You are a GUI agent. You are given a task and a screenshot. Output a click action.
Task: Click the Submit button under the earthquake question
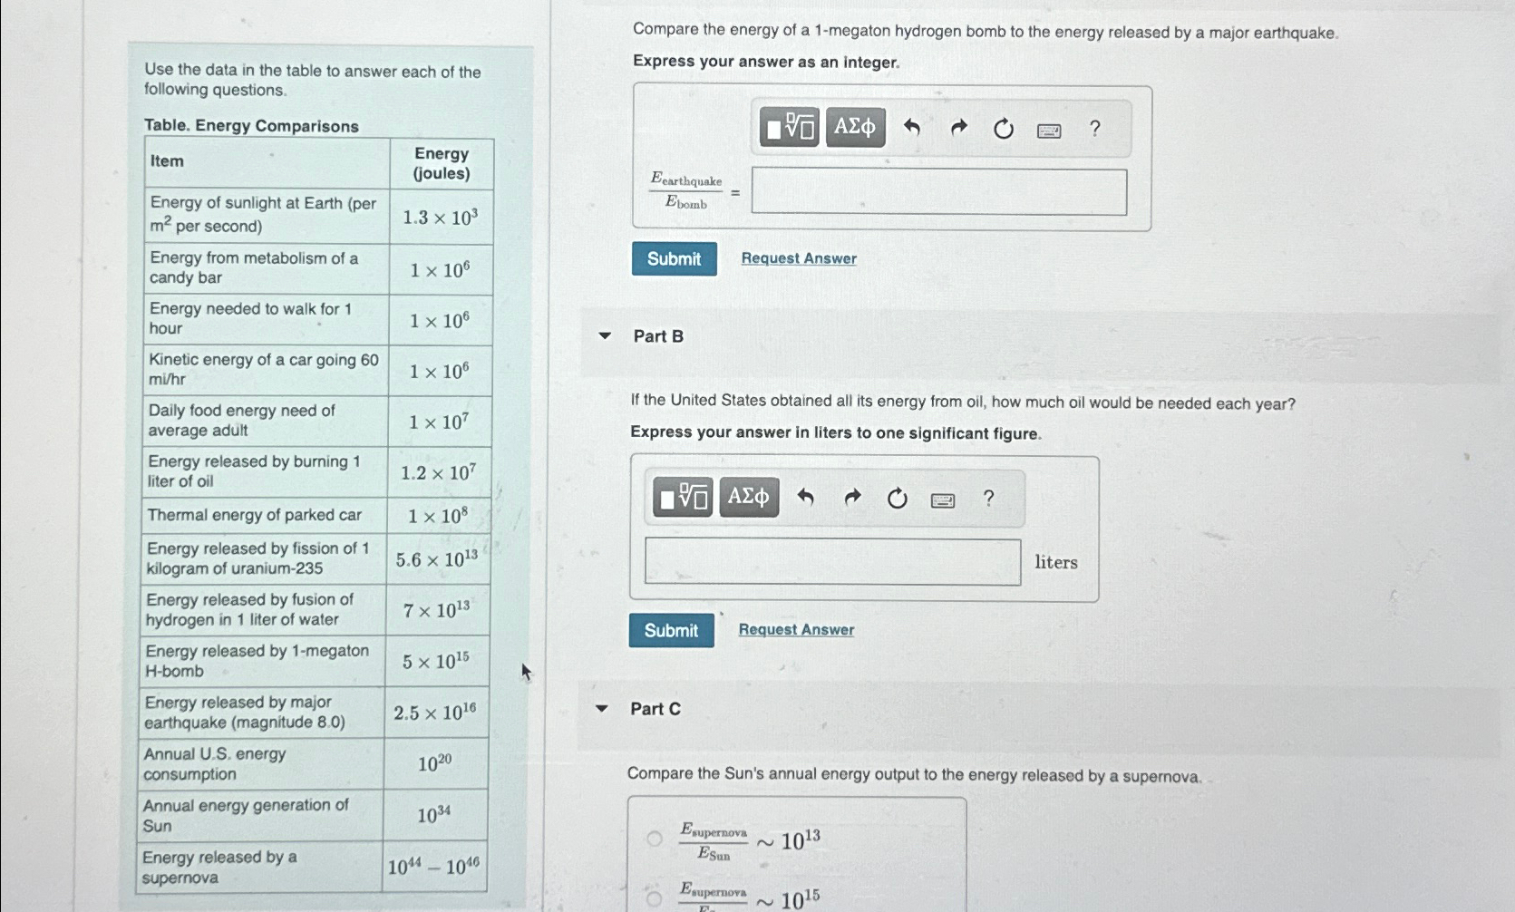[x=674, y=259]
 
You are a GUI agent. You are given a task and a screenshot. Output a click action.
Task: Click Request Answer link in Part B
[x=796, y=630]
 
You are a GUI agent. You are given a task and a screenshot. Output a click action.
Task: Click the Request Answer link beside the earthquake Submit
[x=799, y=258]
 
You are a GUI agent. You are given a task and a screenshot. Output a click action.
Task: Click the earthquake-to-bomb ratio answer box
[x=938, y=192]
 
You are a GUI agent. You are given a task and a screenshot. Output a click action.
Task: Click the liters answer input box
[x=832, y=562]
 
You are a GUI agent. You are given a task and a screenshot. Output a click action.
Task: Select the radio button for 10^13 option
[x=654, y=839]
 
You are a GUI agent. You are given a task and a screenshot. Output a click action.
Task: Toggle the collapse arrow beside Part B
[x=605, y=336]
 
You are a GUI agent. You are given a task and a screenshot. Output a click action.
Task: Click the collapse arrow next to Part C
[x=601, y=709]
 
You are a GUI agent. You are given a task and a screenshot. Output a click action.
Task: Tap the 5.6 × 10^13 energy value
[x=437, y=559]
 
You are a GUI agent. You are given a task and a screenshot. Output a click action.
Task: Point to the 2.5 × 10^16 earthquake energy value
[x=434, y=713]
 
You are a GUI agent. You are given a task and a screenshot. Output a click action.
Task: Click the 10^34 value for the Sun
[x=434, y=816]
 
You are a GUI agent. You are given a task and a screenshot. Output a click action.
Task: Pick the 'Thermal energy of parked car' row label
[x=254, y=515]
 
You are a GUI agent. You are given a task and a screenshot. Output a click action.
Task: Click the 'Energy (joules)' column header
[x=442, y=163]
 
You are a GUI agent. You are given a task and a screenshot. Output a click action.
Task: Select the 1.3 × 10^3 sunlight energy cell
[x=440, y=218]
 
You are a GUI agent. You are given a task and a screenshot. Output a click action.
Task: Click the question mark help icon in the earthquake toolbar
[x=1094, y=129]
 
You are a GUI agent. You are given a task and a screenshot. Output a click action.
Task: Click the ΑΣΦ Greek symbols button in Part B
[x=749, y=497]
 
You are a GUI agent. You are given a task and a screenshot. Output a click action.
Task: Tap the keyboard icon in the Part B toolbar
[x=943, y=500]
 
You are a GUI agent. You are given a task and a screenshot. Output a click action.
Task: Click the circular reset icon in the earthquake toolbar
[x=1003, y=129]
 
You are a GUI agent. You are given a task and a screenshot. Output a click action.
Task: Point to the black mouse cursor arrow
[x=526, y=672]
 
